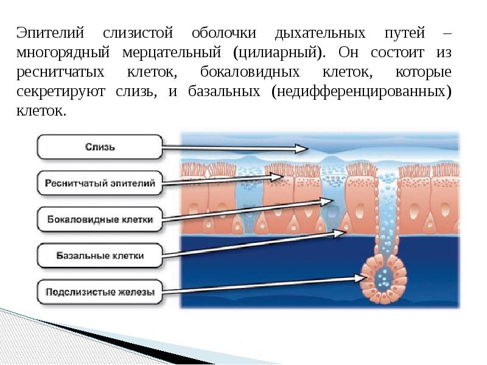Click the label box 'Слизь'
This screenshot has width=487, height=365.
point(100,147)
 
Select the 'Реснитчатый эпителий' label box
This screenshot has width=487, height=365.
point(100,182)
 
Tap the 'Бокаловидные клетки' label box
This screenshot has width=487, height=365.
point(100,219)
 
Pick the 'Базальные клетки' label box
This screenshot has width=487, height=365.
point(100,255)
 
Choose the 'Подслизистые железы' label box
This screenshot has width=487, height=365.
point(100,292)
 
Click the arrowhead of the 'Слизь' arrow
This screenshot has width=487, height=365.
point(302,148)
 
